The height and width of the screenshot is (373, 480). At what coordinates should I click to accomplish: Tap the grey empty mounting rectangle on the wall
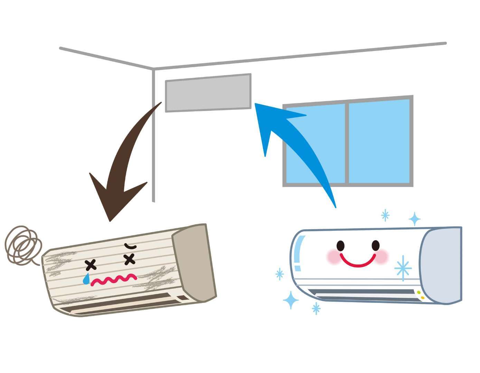click(208, 93)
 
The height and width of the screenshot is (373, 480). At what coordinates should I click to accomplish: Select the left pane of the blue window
click(314, 143)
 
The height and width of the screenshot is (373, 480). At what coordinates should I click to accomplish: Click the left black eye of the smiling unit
click(341, 246)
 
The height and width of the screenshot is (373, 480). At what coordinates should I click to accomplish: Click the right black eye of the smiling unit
click(375, 245)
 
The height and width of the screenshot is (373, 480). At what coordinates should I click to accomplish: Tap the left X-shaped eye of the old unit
click(91, 265)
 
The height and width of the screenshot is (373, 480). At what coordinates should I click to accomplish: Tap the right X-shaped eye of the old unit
click(129, 259)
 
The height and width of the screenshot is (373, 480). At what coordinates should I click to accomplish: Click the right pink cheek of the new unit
click(382, 256)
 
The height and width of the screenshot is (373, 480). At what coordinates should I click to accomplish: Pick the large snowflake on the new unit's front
click(403, 268)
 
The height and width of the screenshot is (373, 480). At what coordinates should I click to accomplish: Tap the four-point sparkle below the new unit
click(291, 300)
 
